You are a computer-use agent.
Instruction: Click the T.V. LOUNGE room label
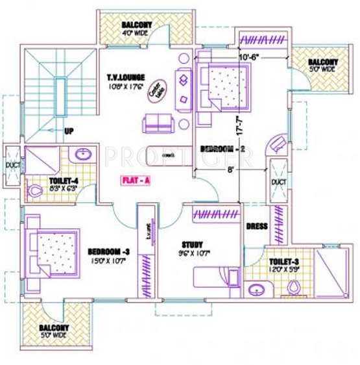pos(127,77)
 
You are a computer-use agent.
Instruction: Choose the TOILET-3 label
pos(283,262)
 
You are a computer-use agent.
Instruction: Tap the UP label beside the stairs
pos(69,131)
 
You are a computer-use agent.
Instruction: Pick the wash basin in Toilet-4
pos(82,156)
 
